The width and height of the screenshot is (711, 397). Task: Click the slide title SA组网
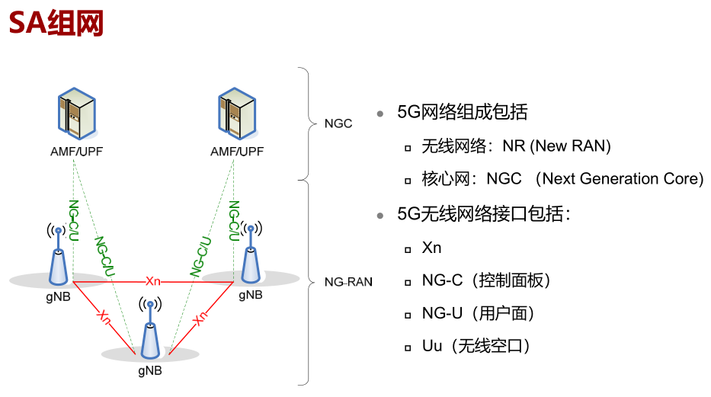[x=56, y=23]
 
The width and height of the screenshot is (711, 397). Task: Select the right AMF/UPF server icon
[x=236, y=117]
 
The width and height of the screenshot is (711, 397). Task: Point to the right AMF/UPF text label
[x=237, y=152]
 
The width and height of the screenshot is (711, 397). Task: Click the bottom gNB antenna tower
[x=149, y=331]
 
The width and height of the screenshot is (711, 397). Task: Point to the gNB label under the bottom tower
[x=149, y=372]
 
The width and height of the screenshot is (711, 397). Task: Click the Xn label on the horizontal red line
[x=153, y=280]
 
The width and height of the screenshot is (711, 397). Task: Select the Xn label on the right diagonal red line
[x=200, y=318]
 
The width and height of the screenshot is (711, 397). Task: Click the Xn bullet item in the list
[x=432, y=248]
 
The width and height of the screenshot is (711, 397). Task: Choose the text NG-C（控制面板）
[x=486, y=280]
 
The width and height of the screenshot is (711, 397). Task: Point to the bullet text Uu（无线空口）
[x=476, y=346]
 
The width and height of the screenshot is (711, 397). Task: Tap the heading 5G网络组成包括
[x=463, y=112]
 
